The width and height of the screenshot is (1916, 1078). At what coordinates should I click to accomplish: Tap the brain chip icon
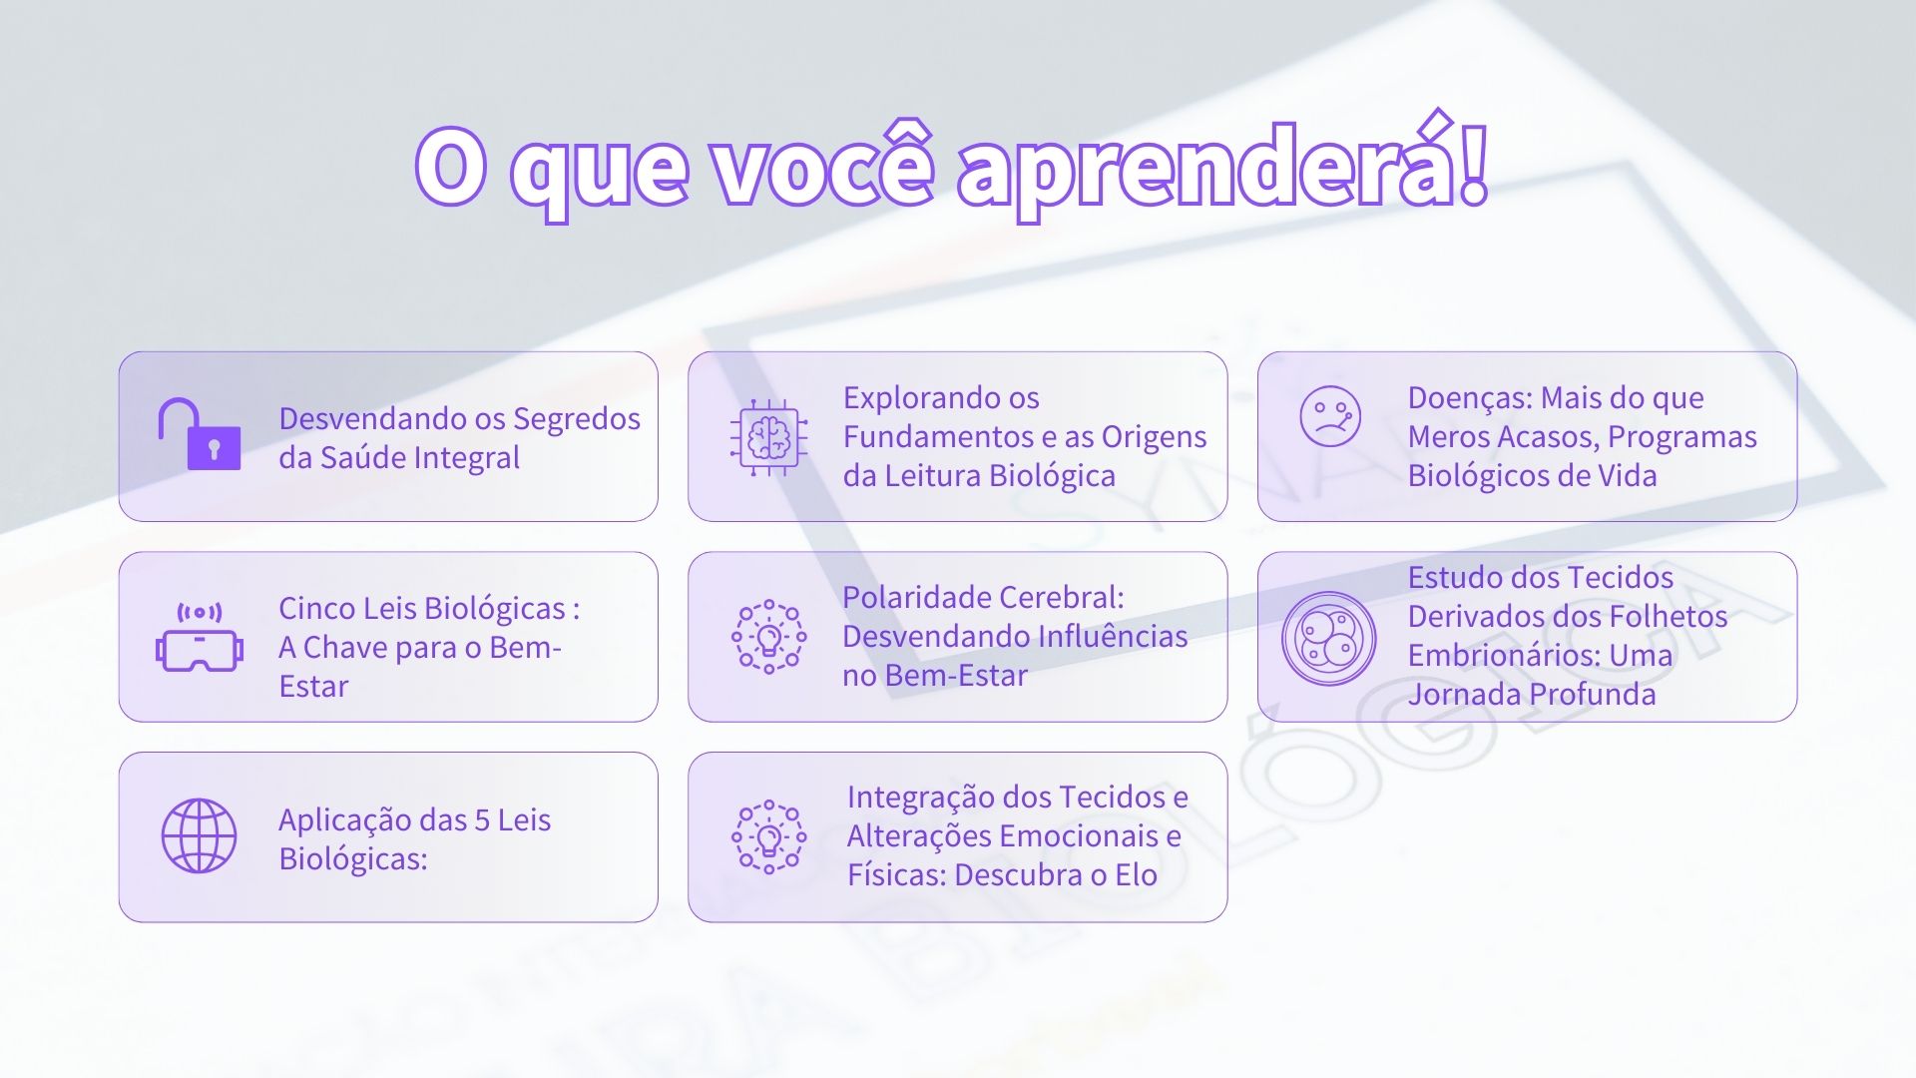(767, 436)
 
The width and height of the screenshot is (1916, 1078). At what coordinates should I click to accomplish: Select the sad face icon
(1330, 416)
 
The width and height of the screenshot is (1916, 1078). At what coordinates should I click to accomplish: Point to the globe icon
(200, 836)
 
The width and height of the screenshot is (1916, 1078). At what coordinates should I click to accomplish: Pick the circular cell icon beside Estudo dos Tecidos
(1329, 639)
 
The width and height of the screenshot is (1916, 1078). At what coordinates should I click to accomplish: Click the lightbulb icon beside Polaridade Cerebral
(768, 637)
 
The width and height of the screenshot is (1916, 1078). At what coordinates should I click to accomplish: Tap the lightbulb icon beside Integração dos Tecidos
(768, 836)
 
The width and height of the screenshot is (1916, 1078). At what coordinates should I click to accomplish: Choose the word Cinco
(317, 608)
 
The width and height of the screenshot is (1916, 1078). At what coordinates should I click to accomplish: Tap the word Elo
(1137, 875)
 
